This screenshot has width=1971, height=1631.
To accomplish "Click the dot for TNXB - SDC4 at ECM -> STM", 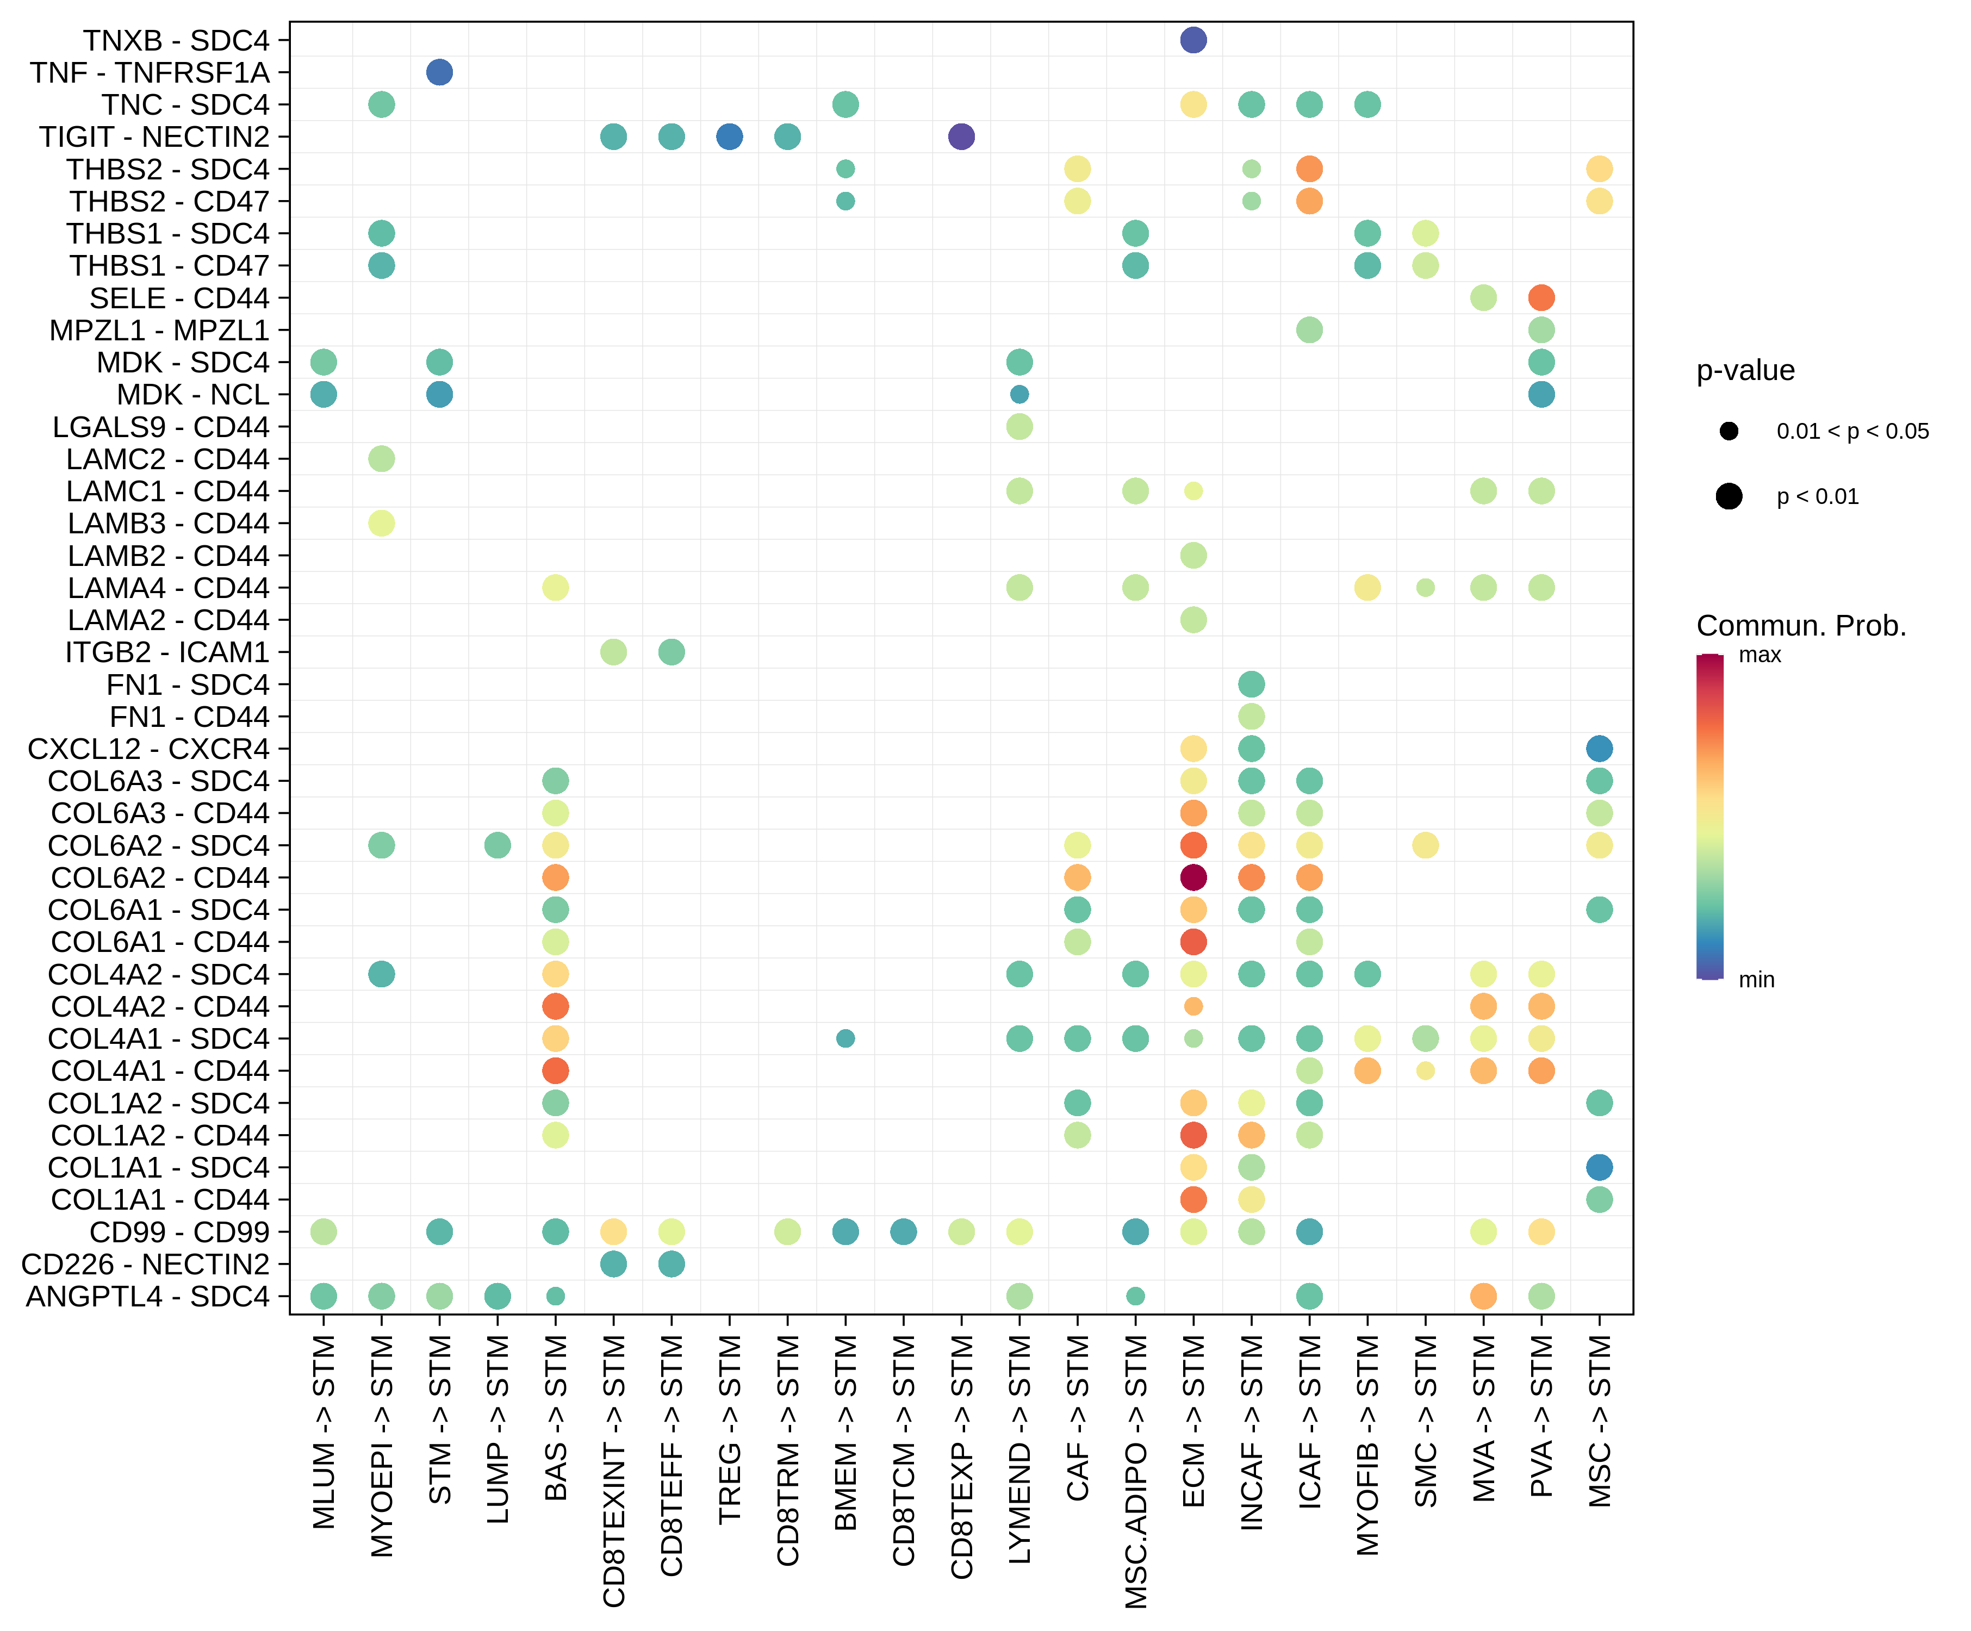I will click(1193, 40).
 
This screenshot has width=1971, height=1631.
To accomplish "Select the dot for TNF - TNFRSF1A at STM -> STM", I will click(439, 72).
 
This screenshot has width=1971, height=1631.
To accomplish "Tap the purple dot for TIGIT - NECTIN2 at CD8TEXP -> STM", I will click(961, 137).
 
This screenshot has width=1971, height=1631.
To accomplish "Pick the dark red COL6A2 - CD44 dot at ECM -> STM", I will click(1193, 877).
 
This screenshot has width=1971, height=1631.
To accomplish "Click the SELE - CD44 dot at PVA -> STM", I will click(1541, 297).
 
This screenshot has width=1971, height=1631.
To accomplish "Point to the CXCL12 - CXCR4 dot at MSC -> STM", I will click(1599, 749).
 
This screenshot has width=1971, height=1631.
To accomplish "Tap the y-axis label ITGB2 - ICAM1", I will click(167, 652).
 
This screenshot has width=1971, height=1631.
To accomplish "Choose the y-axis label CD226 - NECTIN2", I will click(146, 1264).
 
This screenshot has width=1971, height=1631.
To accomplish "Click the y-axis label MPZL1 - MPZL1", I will click(159, 331).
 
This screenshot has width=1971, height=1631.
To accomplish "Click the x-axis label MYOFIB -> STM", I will click(1367, 1445).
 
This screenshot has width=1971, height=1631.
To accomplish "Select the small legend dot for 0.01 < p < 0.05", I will click(1729, 431).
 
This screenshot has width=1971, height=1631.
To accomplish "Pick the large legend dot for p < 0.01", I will click(1729, 496).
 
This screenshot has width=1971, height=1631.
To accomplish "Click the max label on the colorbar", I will click(1760, 655).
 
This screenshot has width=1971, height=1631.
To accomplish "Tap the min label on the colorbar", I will click(1756, 980).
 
